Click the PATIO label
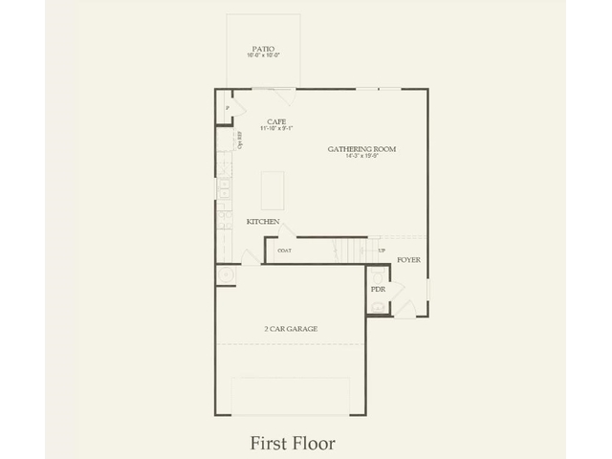pos(263,48)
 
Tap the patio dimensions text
pos(263,56)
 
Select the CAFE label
pos(277,121)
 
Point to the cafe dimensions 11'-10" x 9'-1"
pos(277,129)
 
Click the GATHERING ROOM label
pos(361,149)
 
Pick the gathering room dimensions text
pos(361,157)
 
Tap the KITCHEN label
pos(263,222)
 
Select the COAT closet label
pos(284,251)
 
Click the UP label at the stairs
pos(382,251)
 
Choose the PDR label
pos(377,288)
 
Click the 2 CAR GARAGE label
pos(291,329)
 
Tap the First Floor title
pos(293,444)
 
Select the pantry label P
pos(228,108)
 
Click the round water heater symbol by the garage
pos(227,274)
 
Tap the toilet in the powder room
pos(378,305)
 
